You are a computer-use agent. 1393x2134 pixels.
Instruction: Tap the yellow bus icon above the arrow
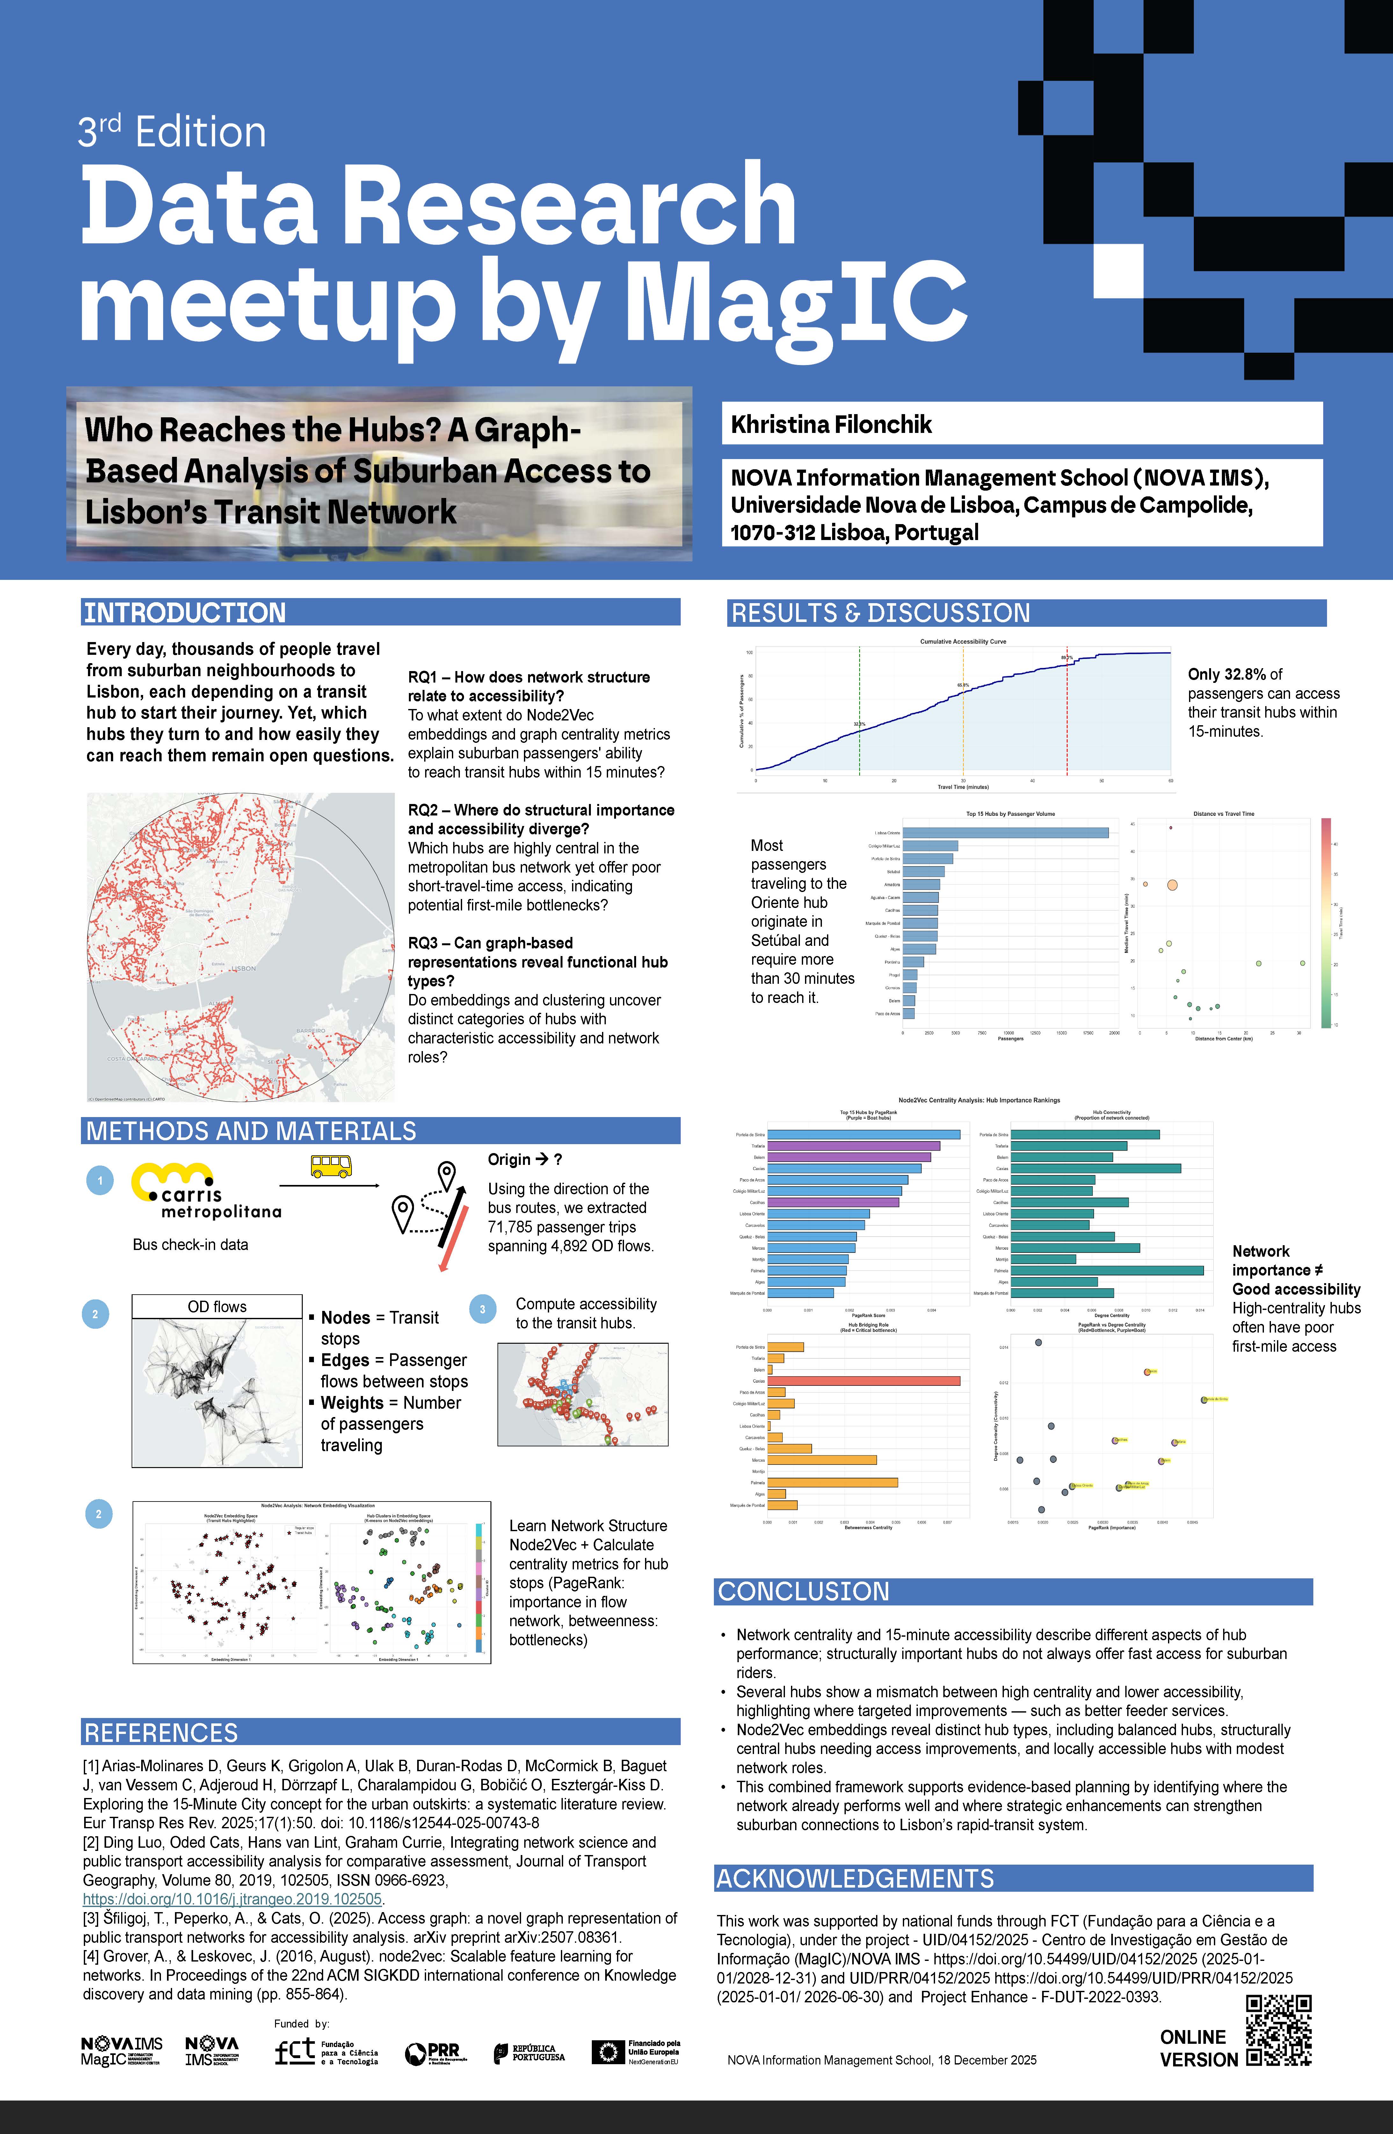coord(331,1166)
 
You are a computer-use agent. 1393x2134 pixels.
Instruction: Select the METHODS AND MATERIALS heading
coord(251,1131)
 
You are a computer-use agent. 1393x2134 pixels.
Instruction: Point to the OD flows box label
coord(217,1306)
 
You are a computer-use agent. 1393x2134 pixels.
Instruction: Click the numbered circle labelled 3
coord(482,1309)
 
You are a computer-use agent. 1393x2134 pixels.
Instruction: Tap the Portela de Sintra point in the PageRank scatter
coord(1204,1399)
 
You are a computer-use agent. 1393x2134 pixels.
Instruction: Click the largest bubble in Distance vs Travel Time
coord(1172,885)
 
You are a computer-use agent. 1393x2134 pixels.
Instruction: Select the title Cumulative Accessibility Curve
coord(963,642)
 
